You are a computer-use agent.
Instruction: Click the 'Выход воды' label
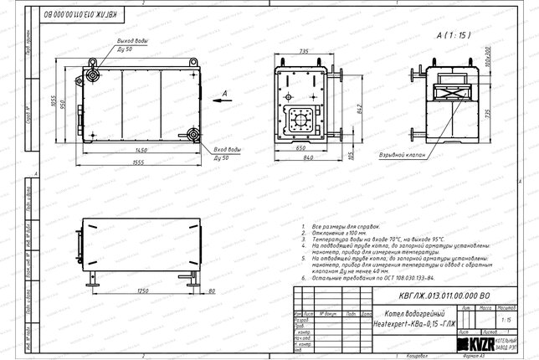133,41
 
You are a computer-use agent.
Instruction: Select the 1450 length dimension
134,151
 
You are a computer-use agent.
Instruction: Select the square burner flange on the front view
299,121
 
